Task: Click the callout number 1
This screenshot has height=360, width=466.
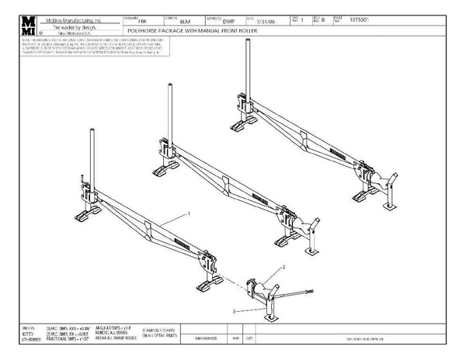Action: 189,212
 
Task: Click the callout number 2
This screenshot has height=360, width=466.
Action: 285,265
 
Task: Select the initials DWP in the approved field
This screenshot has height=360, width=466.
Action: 228,22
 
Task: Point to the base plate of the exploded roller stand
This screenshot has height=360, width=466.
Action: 269,317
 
